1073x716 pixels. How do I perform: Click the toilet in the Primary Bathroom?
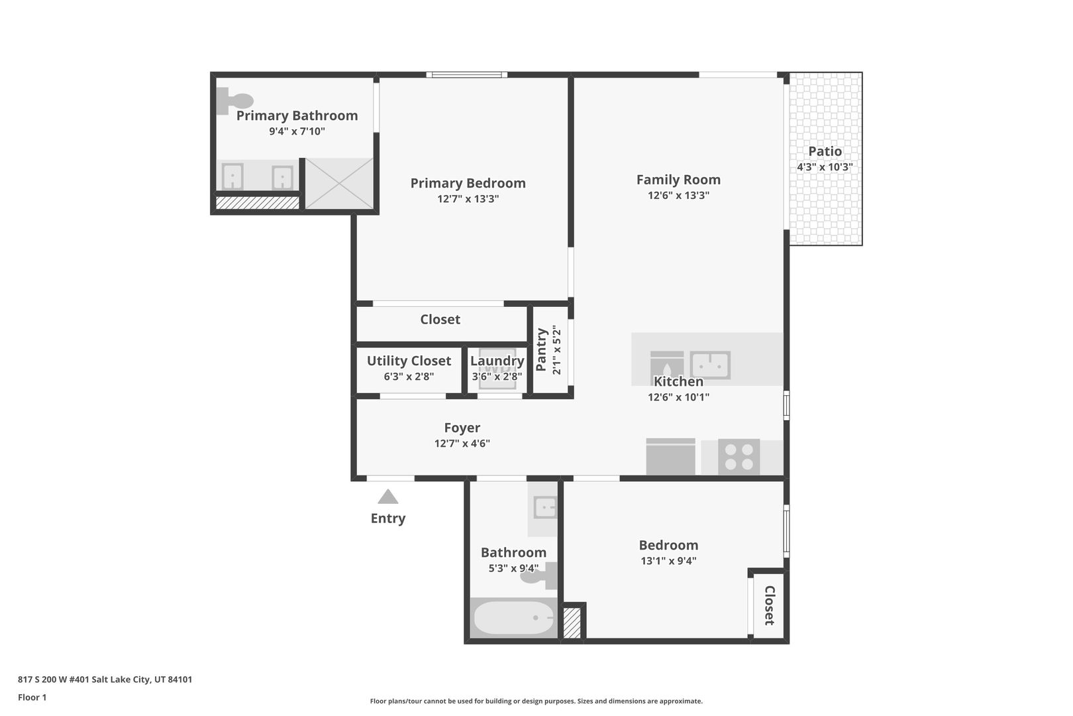[x=234, y=101]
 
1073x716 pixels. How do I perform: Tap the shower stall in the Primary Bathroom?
[x=339, y=184]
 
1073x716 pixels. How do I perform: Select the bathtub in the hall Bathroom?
[x=513, y=618]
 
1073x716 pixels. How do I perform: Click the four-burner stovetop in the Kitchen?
[x=739, y=457]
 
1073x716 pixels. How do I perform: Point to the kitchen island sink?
[x=710, y=365]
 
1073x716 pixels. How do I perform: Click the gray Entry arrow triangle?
[x=388, y=497]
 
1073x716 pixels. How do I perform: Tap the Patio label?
[x=825, y=151]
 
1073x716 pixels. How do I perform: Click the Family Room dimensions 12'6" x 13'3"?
[x=678, y=195]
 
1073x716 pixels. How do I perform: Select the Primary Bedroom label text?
[x=468, y=183]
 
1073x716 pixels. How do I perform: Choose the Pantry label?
[x=541, y=349]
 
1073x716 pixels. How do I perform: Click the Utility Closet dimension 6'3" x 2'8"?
[x=409, y=377]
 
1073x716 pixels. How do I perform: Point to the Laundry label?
[x=497, y=361]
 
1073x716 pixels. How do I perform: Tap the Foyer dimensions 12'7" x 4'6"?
[x=462, y=443]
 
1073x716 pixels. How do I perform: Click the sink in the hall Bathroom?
[x=545, y=507]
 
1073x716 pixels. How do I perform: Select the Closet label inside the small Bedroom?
[x=769, y=605]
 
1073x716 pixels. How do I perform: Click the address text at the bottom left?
[x=105, y=679]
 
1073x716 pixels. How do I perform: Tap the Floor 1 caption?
[x=32, y=697]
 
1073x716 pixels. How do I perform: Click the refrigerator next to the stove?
[x=670, y=456]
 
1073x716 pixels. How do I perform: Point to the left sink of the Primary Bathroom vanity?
[x=232, y=176]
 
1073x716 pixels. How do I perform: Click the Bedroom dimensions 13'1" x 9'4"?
[x=668, y=561]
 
